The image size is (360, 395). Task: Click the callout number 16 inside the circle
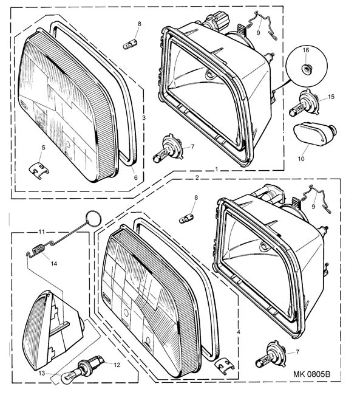pos(305,50)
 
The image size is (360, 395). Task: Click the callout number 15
pos(331,97)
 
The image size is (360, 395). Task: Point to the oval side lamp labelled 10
pos(315,132)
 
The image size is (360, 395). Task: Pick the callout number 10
pos(301,159)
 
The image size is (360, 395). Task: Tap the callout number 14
pos(54,264)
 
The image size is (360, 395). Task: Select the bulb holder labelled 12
pos(92,363)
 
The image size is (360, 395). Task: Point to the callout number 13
pos(42,373)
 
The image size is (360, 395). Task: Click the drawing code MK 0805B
pos(311,374)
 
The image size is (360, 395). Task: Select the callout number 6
pos(136,177)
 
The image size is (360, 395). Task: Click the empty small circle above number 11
pos(93,218)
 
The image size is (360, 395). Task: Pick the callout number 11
pos(41,232)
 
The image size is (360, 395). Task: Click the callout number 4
pos(239,332)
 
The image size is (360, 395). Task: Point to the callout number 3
pos(144,118)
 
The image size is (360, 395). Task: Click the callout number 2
pos(197,177)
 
